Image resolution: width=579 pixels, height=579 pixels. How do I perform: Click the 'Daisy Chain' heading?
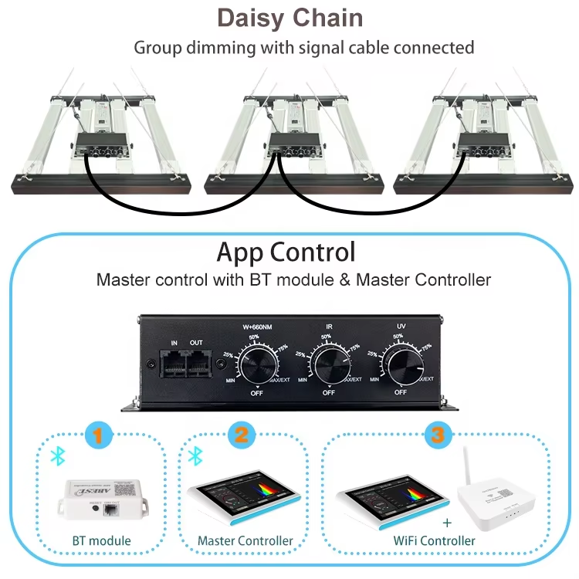tap(289, 17)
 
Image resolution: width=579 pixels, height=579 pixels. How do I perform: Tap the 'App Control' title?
tap(286, 252)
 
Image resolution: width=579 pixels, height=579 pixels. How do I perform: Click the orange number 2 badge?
tap(242, 435)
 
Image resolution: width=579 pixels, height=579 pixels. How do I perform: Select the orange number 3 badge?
tap(438, 435)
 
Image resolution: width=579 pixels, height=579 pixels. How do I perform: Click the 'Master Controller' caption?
tap(245, 541)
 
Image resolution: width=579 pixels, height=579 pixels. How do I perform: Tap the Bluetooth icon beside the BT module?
tap(56, 456)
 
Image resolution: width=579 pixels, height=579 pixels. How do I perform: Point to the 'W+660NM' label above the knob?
tap(256, 326)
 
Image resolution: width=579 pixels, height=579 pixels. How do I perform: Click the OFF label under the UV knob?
tap(401, 392)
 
